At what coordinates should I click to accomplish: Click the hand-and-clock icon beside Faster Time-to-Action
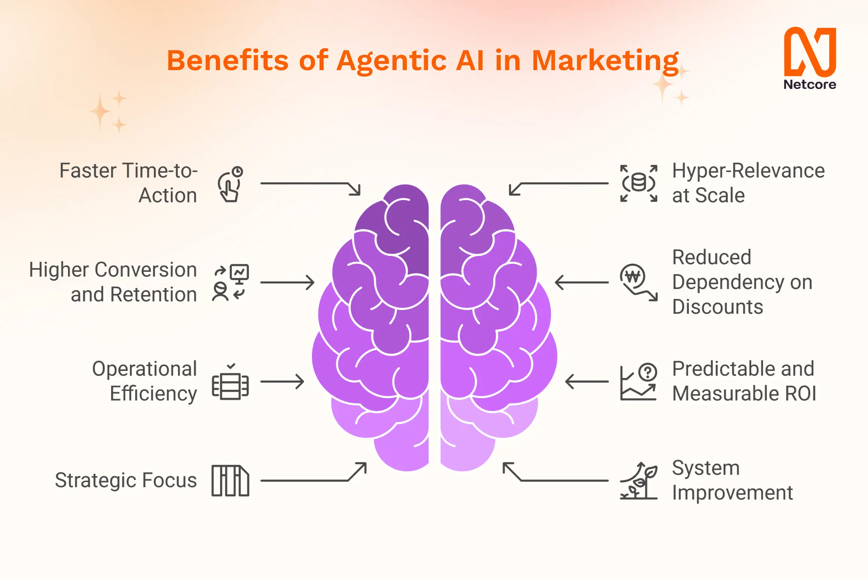[x=230, y=184]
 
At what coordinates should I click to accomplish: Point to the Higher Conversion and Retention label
[x=113, y=282]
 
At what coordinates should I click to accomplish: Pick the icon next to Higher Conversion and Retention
[x=230, y=282]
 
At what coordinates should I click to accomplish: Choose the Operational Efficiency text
[x=145, y=381]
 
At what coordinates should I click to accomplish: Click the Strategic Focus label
[x=126, y=480]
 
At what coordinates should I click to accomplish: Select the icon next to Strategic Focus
[x=230, y=481]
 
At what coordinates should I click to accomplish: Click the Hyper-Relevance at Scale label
[x=748, y=183]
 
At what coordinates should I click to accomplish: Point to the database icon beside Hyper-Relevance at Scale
[x=639, y=183]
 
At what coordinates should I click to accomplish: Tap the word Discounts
[x=718, y=306]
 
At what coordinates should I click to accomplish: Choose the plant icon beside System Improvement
[x=639, y=481]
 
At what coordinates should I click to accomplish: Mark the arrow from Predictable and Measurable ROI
[x=587, y=381]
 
